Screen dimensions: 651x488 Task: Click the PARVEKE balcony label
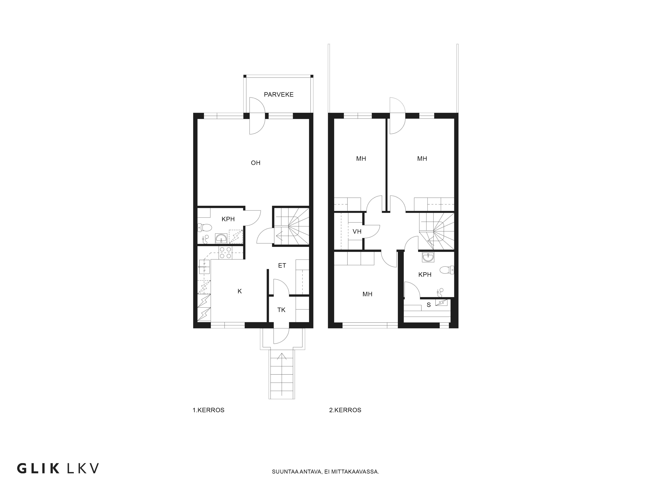click(x=278, y=94)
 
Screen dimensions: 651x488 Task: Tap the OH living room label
click(x=256, y=163)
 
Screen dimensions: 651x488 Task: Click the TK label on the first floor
click(x=281, y=310)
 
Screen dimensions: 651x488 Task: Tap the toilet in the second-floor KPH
click(x=447, y=270)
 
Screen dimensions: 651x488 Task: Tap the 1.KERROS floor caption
click(x=208, y=410)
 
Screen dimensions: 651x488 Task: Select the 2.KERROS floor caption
click(x=345, y=410)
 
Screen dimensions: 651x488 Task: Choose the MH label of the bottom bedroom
click(x=367, y=294)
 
